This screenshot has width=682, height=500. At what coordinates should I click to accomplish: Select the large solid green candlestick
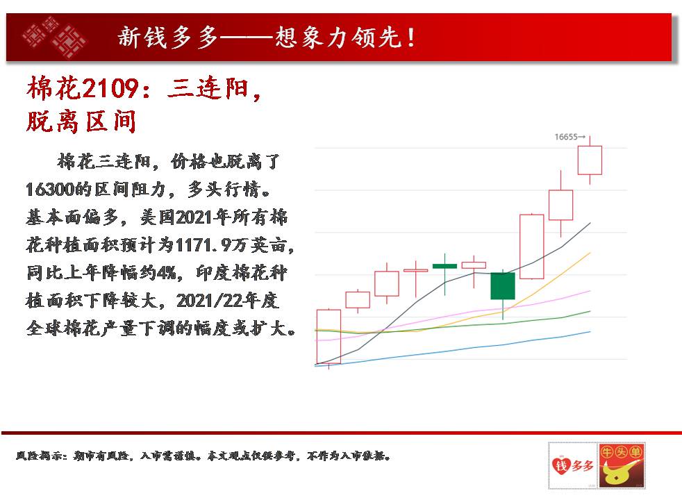pyautogui.click(x=503, y=286)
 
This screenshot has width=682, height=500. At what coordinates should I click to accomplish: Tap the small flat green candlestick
pyautogui.click(x=444, y=266)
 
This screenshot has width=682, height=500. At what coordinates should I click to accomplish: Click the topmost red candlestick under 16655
pyautogui.click(x=590, y=160)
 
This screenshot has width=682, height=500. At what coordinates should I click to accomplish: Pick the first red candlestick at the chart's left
pyautogui.click(x=328, y=337)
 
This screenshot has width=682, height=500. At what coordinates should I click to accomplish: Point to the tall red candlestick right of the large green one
pyautogui.click(x=532, y=247)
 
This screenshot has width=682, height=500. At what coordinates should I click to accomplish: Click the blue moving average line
pyautogui.click(x=452, y=351)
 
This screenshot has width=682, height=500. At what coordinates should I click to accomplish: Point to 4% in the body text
pyautogui.click(x=167, y=273)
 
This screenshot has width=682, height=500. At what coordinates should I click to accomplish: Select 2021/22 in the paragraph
pyautogui.click(x=210, y=301)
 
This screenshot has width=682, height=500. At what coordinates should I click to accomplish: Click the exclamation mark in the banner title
pyautogui.click(x=410, y=37)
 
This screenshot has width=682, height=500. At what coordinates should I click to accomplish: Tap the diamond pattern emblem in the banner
pyautogui.click(x=54, y=37)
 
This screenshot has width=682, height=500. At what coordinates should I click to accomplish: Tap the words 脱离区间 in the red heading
pyautogui.click(x=81, y=122)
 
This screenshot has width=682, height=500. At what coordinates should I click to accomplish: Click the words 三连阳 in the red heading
pyautogui.click(x=208, y=88)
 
